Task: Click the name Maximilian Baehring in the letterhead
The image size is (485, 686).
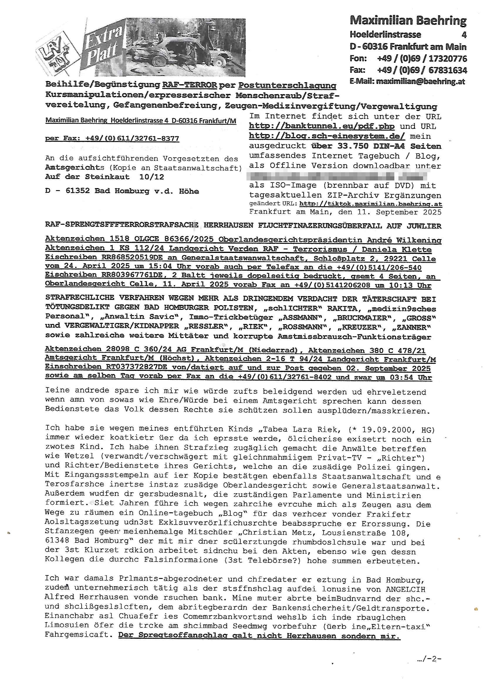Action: click(408, 21)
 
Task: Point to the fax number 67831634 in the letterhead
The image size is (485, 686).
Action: click(447, 70)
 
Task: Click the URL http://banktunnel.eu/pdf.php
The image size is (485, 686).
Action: click(322, 126)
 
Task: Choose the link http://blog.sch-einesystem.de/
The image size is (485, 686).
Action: click(327, 136)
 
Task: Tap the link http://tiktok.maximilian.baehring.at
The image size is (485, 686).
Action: click(371, 204)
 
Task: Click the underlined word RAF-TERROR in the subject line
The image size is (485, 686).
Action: click(190, 85)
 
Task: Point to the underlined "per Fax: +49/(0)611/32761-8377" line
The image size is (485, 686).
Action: click(112, 138)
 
